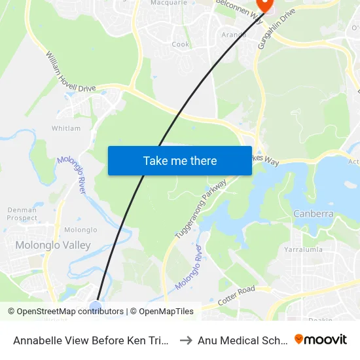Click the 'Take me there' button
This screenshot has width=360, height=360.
click(x=180, y=161)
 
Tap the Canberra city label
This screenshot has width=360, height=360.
click(x=314, y=214)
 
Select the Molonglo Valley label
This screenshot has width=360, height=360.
click(x=52, y=245)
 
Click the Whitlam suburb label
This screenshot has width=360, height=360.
click(x=66, y=129)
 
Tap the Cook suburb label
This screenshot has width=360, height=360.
click(x=181, y=45)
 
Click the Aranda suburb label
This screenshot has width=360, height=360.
click(x=234, y=35)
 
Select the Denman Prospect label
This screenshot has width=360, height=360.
click(x=22, y=214)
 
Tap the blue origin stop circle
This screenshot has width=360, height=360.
click(x=96, y=306)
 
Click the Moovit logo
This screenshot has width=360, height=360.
click(x=321, y=339)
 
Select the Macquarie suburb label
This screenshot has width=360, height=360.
click(x=169, y=3)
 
